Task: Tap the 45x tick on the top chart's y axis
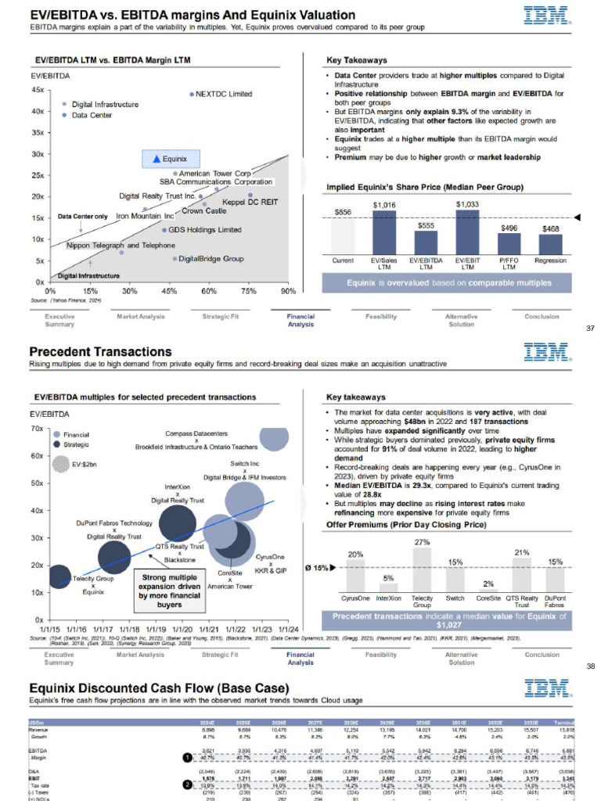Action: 37,90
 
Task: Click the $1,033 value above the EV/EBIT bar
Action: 467,203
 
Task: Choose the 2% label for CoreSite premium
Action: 488,584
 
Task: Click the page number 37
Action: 591,328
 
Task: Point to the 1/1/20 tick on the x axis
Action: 182,628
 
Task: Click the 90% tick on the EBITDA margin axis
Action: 287,291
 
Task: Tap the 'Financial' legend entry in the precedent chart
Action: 76,434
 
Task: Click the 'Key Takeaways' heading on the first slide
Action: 356,60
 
